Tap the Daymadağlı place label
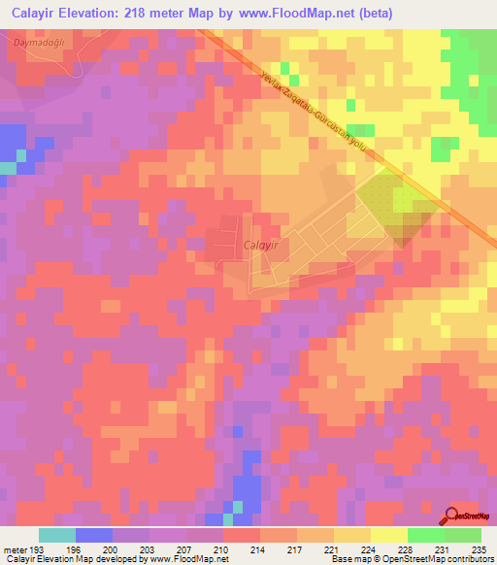pyautogui.click(x=38, y=43)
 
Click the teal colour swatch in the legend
pyautogui.click(x=56, y=535)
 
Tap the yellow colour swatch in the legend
pyautogui.click(x=388, y=535)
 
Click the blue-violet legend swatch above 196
pyautogui.click(x=93, y=535)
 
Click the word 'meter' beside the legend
pyautogui.click(x=17, y=549)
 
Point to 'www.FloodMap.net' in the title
pyautogui.click(x=313, y=13)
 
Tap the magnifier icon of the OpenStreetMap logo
pyautogui.click(x=452, y=515)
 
